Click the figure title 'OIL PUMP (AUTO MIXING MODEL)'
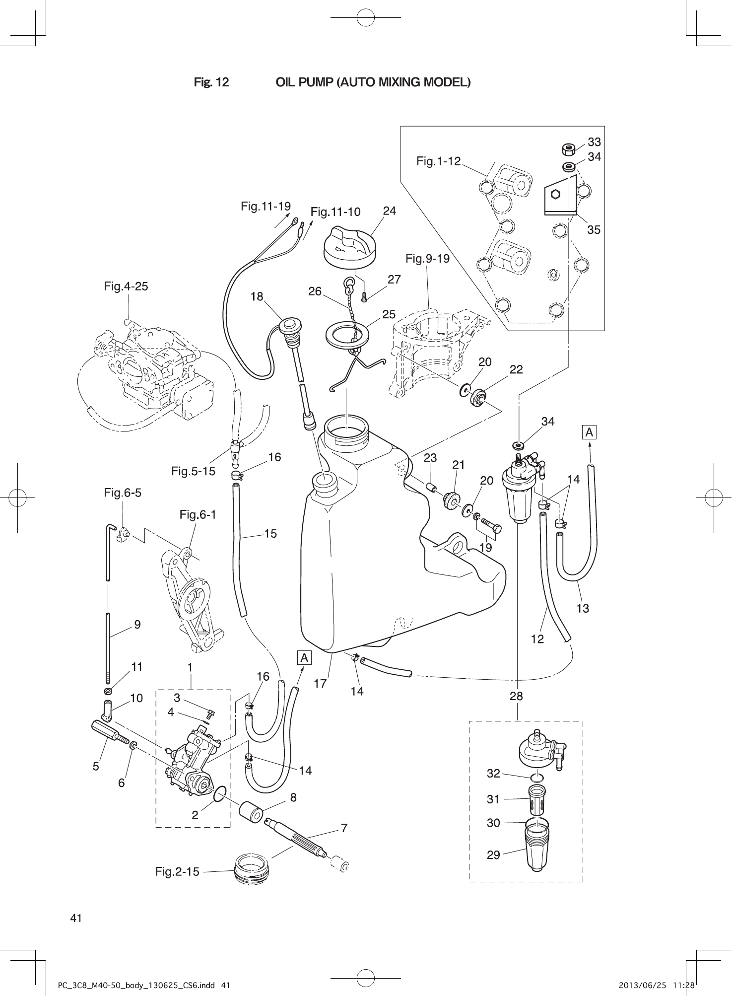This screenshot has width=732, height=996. tap(373, 82)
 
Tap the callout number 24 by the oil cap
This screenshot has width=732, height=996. tap(390, 211)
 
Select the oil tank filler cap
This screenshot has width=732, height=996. tap(349, 248)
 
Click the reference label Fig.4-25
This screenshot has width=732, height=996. tap(126, 286)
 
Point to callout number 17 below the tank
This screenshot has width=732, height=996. tap(321, 684)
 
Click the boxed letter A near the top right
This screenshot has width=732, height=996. tap(589, 432)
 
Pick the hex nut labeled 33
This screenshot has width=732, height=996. tap(568, 149)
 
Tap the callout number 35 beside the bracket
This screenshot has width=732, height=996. tap(594, 230)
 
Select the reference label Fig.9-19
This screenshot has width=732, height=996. tap(427, 259)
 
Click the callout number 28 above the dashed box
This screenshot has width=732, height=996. tap(516, 696)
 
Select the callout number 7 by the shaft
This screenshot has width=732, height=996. tap(344, 828)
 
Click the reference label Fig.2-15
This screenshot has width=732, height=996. tap(177, 871)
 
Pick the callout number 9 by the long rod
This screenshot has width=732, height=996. tap(137, 625)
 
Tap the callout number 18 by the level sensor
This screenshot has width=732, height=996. tap(257, 297)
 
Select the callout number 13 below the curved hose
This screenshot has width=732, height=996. tap(583, 608)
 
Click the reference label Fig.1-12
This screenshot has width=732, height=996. tap(438, 161)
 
